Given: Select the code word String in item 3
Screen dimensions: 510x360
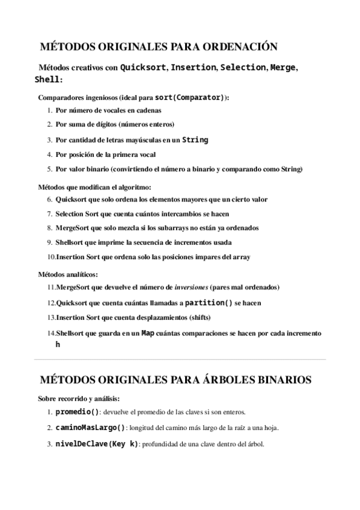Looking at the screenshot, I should click(x=195, y=140).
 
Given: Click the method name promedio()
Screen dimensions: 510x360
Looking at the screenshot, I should click(x=77, y=413).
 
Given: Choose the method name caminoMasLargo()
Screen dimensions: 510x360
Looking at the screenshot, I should click(x=90, y=428).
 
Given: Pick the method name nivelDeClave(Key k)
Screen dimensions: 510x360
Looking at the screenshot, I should click(x=96, y=444).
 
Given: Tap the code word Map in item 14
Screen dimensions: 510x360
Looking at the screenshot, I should click(x=147, y=333).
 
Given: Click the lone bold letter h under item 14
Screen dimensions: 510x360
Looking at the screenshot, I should click(x=58, y=345).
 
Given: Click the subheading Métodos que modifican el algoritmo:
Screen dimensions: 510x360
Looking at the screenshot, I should click(x=91, y=187).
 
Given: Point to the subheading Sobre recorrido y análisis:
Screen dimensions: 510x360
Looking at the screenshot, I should click(x=79, y=398).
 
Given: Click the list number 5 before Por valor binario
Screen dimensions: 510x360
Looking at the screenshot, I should click(x=49, y=169).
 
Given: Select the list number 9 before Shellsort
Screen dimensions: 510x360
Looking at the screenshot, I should click(x=49, y=242).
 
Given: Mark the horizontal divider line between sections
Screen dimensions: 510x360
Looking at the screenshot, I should click(x=180, y=360).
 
